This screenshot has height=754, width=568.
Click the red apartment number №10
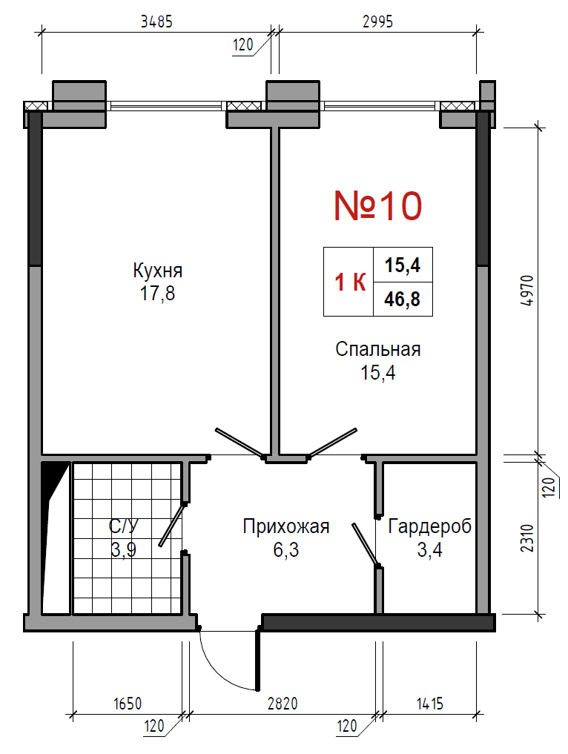(378, 206)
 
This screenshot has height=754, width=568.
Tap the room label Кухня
(158, 271)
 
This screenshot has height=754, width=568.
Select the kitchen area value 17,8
(157, 293)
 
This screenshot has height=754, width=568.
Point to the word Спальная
(378, 349)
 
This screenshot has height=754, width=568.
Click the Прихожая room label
(286, 526)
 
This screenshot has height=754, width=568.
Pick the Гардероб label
(429, 526)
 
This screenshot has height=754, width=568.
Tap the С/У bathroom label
(124, 526)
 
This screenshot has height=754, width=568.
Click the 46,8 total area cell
(402, 299)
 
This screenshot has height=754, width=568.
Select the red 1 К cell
(350, 282)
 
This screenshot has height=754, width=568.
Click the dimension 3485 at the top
(156, 22)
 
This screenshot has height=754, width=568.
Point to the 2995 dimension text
(377, 22)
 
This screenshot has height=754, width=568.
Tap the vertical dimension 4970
(528, 291)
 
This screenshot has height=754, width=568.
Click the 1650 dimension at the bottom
(128, 704)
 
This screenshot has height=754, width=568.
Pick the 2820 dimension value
(283, 704)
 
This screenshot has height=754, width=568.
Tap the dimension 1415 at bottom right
(429, 704)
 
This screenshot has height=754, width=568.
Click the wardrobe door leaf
(366, 544)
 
